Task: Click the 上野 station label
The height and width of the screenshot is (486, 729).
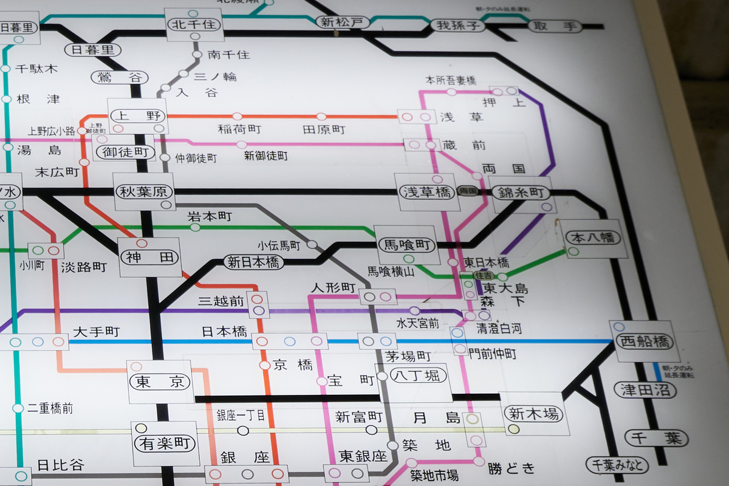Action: click(138, 115)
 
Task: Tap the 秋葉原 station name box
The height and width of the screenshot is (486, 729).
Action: click(145, 192)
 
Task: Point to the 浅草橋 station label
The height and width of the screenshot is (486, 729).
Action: click(426, 193)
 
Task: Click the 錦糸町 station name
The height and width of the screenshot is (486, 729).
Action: click(521, 194)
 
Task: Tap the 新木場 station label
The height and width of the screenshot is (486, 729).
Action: click(534, 414)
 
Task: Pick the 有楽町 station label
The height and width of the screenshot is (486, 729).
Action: click(165, 443)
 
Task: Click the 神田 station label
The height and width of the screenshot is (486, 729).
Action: click(150, 258)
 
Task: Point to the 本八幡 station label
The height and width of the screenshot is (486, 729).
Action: click(594, 238)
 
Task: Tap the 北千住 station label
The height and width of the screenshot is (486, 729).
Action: click(194, 25)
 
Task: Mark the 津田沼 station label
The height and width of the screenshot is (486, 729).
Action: click(645, 389)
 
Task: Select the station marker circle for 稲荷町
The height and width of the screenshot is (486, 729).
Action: click(237, 117)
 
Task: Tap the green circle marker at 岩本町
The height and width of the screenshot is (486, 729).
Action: click(195, 227)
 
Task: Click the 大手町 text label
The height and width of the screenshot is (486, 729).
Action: click(96, 332)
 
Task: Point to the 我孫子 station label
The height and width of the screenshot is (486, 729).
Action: click(459, 26)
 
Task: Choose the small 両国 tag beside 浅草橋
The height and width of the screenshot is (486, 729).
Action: click(468, 190)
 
